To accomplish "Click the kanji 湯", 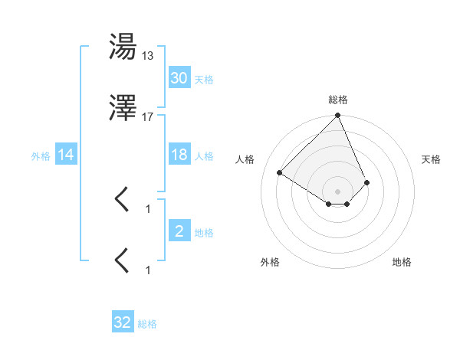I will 123,47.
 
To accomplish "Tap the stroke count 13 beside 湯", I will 148,56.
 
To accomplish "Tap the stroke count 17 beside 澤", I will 148,116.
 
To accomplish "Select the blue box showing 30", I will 179,78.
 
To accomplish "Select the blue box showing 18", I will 179,155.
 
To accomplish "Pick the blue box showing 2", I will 179,231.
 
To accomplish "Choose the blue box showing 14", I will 66,155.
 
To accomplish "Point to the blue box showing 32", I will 123,322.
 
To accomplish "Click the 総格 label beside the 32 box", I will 147,324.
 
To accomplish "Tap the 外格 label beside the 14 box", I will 41,155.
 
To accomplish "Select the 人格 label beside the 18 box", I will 204,155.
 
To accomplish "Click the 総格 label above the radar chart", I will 337,100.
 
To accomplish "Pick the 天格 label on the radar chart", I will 432,159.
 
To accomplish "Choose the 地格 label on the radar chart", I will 402,262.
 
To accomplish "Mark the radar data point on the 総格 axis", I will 337,116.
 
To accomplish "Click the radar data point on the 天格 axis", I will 367,182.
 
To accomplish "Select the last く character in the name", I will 123,260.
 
